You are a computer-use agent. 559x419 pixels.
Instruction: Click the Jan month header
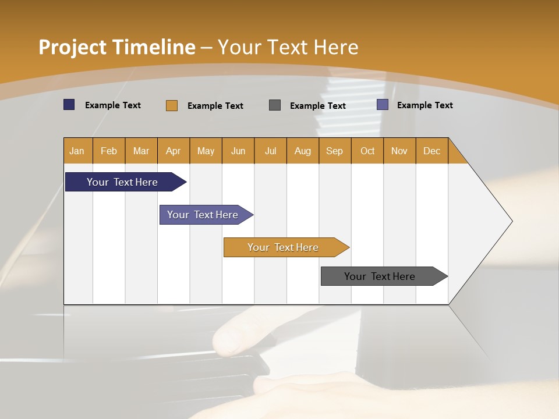point(77,151)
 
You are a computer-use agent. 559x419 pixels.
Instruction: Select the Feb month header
point(109,151)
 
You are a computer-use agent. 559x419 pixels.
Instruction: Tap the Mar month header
point(141,151)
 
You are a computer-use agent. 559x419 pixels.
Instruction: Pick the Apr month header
point(174,151)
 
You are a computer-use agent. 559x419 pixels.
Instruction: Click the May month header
point(206,151)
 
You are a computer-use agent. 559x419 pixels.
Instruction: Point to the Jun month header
point(238,151)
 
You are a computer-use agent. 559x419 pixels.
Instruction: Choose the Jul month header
point(270,151)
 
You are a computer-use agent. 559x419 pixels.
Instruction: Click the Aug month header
point(303,151)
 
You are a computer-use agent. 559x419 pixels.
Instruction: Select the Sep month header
point(335,151)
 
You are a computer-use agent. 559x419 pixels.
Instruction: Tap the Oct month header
point(367,151)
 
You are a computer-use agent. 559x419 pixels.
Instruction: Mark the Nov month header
point(399,151)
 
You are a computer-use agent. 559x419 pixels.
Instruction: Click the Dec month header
point(432,151)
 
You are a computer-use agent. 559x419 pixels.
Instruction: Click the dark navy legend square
point(69,105)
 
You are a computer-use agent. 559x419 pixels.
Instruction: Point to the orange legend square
point(172,105)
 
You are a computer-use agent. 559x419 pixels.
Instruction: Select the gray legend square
point(275,105)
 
